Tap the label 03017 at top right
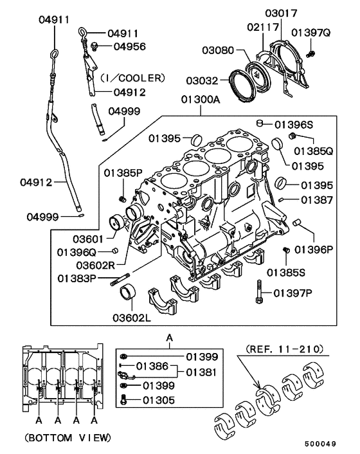pyautogui.click(x=280, y=12)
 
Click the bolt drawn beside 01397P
pyautogui.click(x=258, y=293)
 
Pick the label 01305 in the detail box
pyautogui.click(x=158, y=399)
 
